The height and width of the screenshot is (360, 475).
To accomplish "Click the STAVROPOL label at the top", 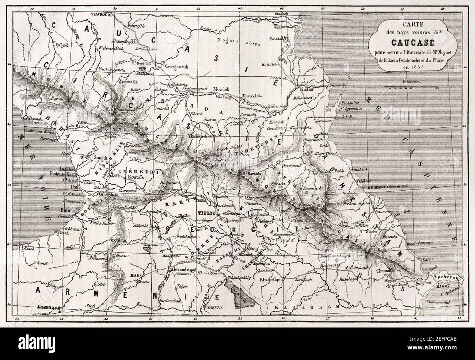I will click(102, 13).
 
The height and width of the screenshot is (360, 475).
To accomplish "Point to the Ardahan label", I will click(120, 240).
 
